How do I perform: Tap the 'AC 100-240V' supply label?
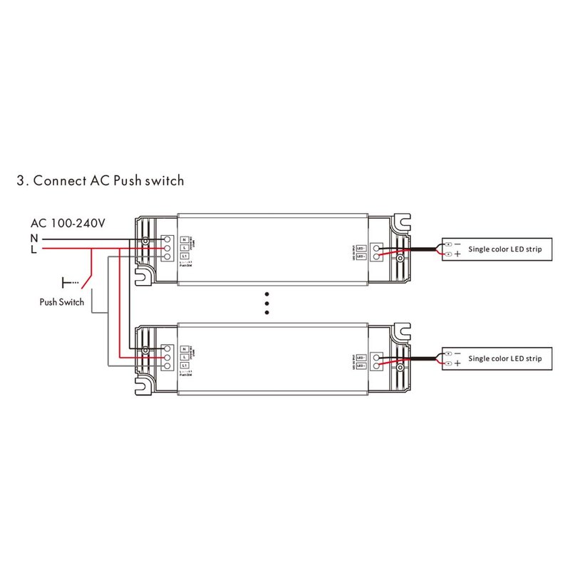click(x=68, y=223)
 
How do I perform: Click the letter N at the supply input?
click(x=34, y=237)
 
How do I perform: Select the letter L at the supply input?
click(x=33, y=249)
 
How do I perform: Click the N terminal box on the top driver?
click(x=184, y=240)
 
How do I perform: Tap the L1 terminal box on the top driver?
click(x=184, y=256)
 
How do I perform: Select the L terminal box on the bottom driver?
click(x=184, y=357)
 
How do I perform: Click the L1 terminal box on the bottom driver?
click(x=184, y=366)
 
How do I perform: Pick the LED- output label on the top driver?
click(x=361, y=247)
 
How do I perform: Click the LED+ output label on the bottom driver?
click(x=361, y=366)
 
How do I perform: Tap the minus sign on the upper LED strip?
click(x=457, y=244)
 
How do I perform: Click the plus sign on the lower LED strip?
click(x=457, y=364)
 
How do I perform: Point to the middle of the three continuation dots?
click(x=267, y=302)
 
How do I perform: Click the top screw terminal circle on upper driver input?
click(x=168, y=239)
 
